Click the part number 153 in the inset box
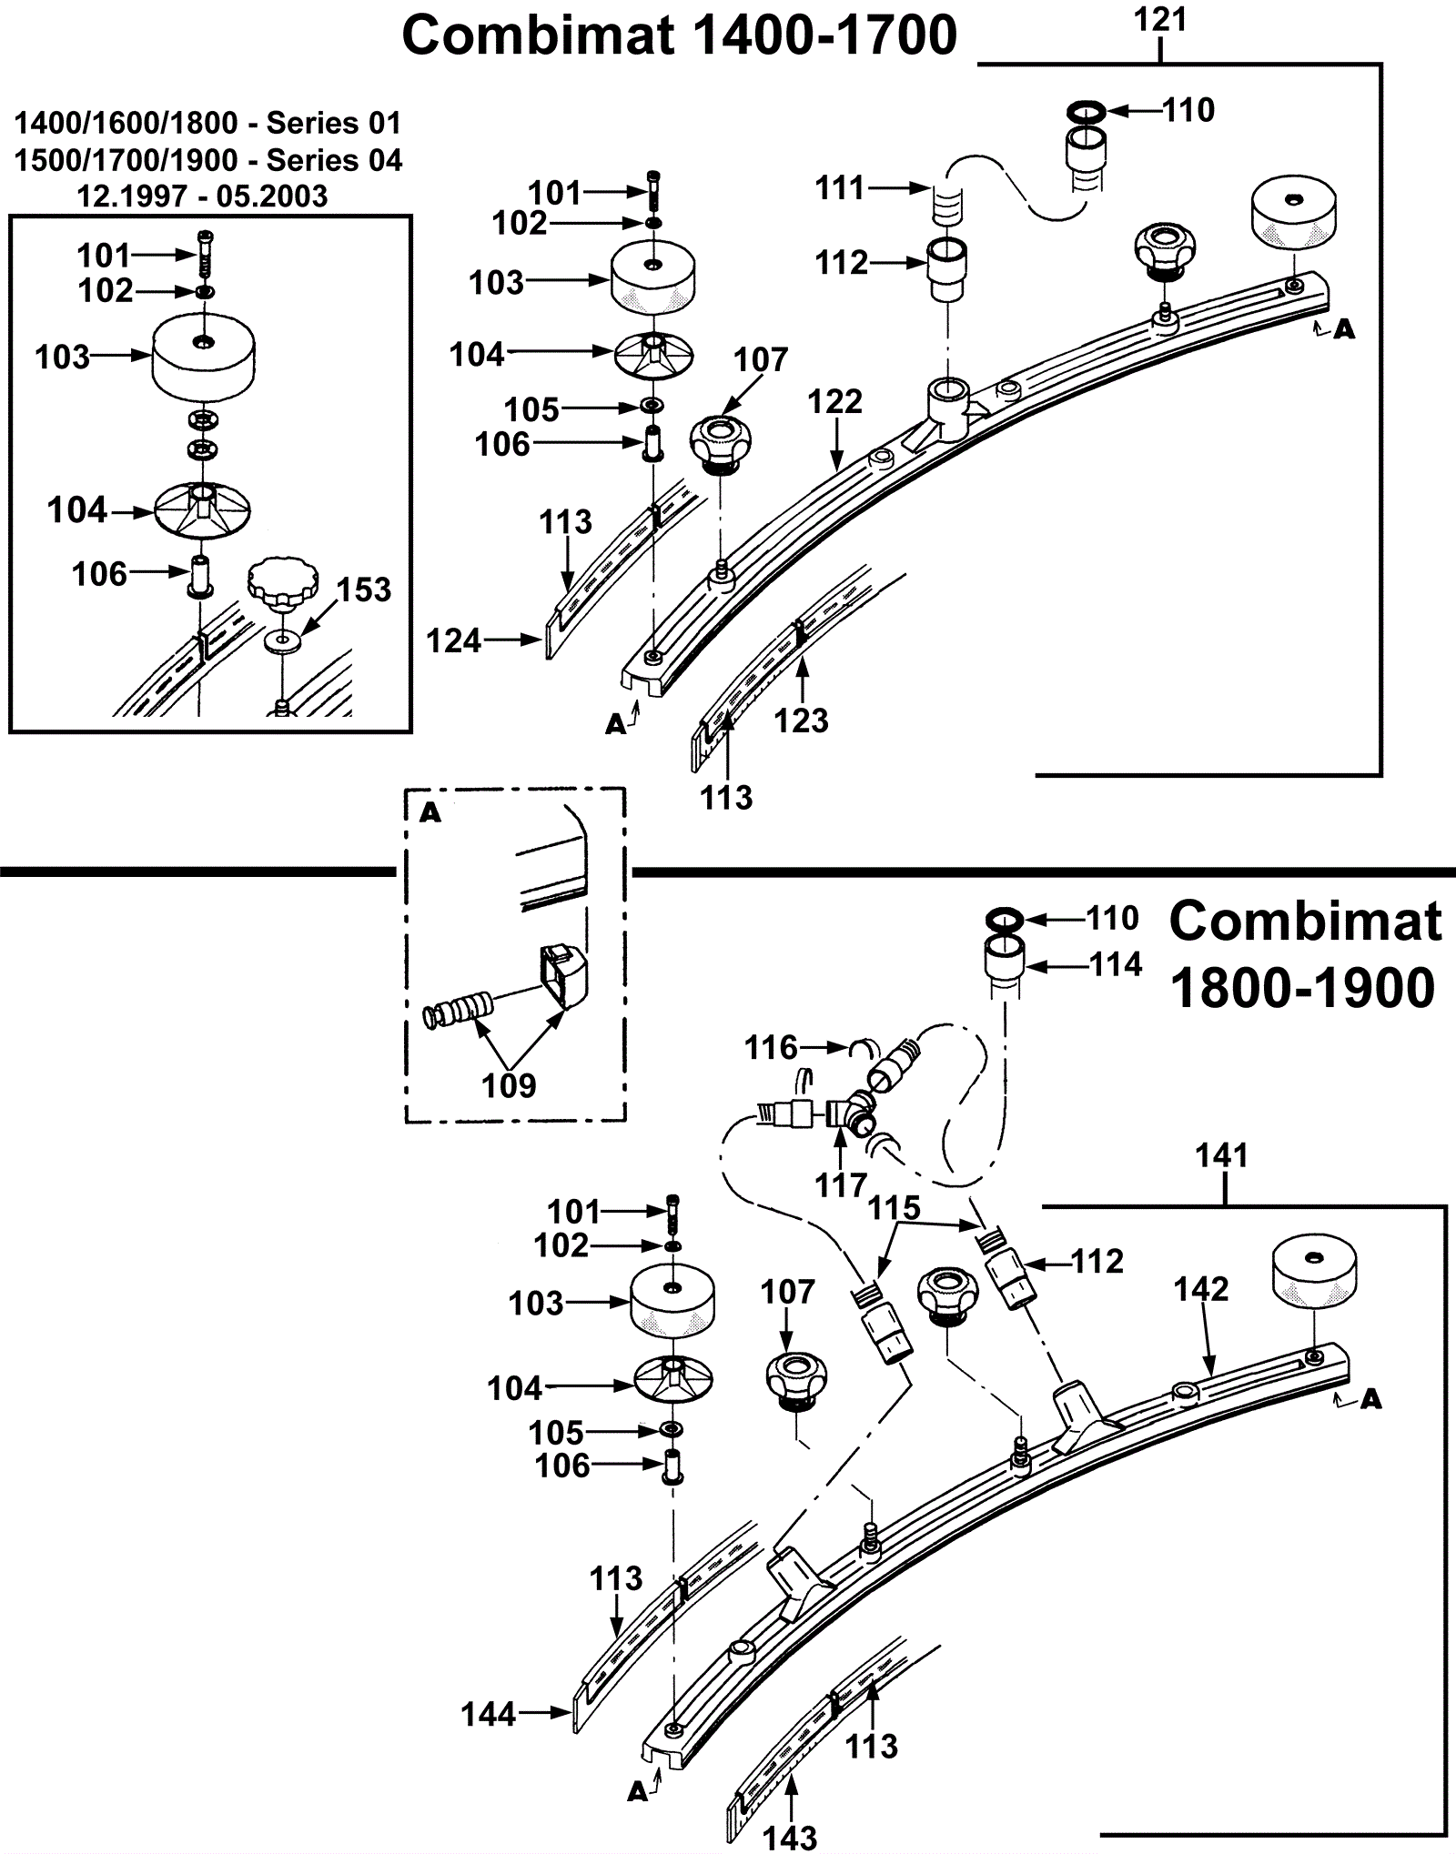pyautogui.click(x=364, y=589)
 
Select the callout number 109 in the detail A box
pyautogui.click(x=509, y=1085)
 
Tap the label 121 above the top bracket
pyautogui.click(x=1161, y=20)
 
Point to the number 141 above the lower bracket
pyautogui.click(x=1221, y=1156)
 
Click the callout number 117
pyautogui.click(x=841, y=1185)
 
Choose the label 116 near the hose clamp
pyautogui.click(x=771, y=1048)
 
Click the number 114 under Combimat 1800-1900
pyautogui.click(x=1116, y=964)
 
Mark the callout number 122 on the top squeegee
pyautogui.click(x=834, y=401)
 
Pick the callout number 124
pyautogui.click(x=453, y=641)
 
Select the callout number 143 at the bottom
pyautogui.click(x=791, y=1838)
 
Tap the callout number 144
pyautogui.click(x=489, y=1715)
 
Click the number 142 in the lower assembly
pyautogui.click(x=1201, y=1289)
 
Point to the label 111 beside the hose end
pyautogui.click(x=840, y=188)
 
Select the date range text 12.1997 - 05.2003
pyautogui.click(x=202, y=196)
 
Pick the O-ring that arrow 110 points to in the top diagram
pyautogui.click(x=1085, y=111)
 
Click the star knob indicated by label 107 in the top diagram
pyautogui.click(x=724, y=442)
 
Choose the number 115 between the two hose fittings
pyautogui.click(x=895, y=1208)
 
